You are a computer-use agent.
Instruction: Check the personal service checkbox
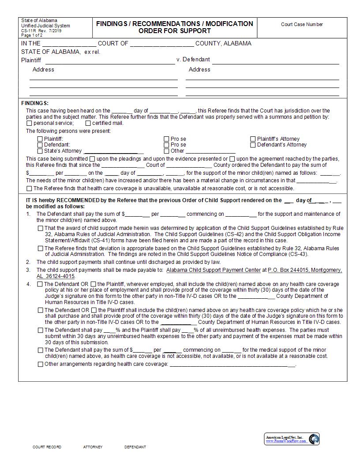(x=29, y=124)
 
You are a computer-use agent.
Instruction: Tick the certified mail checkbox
(x=88, y=124)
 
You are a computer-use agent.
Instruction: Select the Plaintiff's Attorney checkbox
(x=253, y=139)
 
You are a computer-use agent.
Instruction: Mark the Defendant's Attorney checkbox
(x=253, y=145)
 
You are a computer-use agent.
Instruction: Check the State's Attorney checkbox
(x=40, y=151)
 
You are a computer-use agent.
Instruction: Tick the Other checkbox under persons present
(x=167, y=151)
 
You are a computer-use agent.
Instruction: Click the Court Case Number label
(x=302, y=25)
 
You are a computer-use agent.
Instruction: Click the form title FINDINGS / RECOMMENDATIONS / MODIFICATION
(x=175, y=23)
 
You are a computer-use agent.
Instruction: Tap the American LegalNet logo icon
(x=314, y=439)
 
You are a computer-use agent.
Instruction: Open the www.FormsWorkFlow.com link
(x=285, y=441)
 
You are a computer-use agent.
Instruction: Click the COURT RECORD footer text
(x=47, y=447)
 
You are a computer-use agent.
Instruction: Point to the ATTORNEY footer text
(x=93, y=447)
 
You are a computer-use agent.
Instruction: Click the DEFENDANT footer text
(x=135, y=447)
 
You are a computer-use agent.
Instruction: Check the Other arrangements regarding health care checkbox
(x=41, y=365)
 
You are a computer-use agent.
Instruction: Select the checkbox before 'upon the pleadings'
(x=92, y=159)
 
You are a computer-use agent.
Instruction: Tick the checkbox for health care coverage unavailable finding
(x=29, y=188)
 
